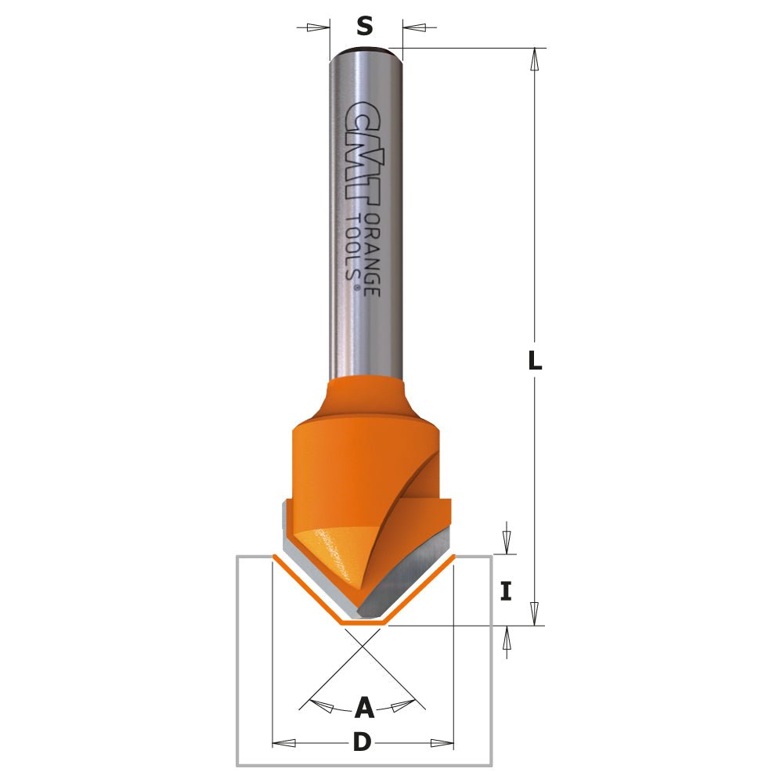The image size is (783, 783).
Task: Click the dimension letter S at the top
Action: (365, 27)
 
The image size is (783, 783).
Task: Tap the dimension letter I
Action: (506, 591)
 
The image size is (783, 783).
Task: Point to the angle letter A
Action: (364, 709)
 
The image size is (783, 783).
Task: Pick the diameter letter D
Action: (362, 742)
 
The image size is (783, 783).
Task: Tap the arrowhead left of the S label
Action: (317, 27)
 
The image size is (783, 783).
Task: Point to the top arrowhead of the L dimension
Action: (535, 60)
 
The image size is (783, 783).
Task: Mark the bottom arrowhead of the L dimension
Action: (535, 613)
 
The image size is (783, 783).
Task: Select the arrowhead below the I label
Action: (506, 639)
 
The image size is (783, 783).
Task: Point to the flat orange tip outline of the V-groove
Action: (363, 623)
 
